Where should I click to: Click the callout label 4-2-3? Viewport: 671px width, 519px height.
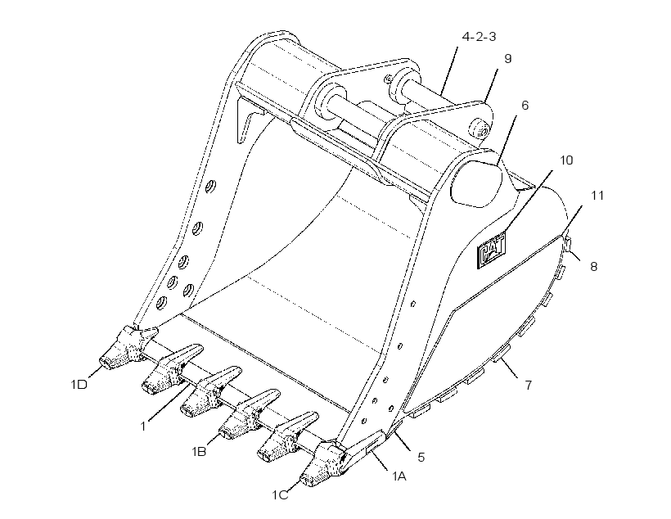tap(479, 37)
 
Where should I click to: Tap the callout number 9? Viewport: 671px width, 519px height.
tap(508, 59)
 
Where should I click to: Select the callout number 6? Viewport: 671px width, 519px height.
tap(525, 106)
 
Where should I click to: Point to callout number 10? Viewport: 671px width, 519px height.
tap(566, 160)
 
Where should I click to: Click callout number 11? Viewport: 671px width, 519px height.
tap(597, 196)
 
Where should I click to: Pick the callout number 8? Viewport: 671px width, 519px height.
tap(593, 266)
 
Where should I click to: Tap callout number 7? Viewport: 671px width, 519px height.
tap(529, 386)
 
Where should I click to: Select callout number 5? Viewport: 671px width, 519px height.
tap(421, 458)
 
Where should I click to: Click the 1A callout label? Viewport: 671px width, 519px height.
tap(399, 476)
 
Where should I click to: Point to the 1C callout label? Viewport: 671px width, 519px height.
tap(281, 495)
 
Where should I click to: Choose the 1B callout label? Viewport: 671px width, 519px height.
tap(199, 451)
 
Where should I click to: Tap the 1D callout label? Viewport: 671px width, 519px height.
tap(79, 385)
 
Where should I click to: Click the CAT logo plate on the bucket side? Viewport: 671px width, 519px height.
tap(491, 250)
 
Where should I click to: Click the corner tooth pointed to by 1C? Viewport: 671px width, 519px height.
tap(323, 465)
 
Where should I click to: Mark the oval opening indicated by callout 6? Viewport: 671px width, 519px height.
tap(476, 183)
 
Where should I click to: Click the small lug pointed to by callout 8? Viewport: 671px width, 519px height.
tap(568, 243)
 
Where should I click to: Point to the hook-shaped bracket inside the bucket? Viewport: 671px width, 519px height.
tap(249, 119)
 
